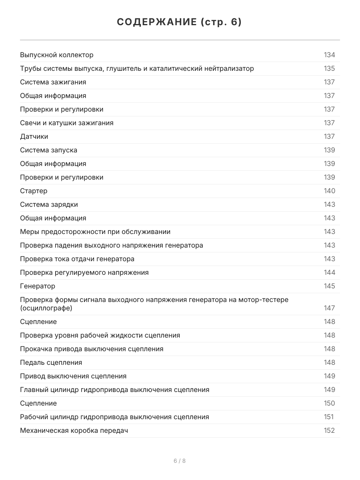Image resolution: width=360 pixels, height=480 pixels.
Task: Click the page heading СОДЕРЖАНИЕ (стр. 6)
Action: [180, 22]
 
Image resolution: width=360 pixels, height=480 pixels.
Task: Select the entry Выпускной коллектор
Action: [57, 55]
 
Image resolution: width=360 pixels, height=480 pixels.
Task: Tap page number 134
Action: [329, 55]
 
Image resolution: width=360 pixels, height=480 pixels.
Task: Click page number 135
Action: [329, 69]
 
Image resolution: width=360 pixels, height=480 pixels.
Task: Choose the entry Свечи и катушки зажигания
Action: [67, 123]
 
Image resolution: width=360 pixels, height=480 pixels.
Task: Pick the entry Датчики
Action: [34, 137]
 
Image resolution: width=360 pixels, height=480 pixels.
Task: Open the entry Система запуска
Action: [49, 150]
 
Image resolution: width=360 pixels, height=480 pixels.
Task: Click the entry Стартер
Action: [34, 191]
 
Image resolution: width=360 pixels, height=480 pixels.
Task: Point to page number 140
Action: [329, 191]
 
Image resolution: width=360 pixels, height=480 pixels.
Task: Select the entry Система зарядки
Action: [49, 205]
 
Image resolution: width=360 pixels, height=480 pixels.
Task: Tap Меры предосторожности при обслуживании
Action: [95, 232]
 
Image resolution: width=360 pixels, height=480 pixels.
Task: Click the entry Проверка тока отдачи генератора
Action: [77, 259]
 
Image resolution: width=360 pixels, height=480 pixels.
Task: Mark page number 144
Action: [329, 273]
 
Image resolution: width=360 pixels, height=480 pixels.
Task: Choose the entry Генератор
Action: [38, 286]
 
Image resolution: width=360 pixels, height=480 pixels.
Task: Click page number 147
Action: [329, 308]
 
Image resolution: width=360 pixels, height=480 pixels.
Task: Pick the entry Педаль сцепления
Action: [51, 363]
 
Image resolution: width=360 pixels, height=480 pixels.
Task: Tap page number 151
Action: [328, 417]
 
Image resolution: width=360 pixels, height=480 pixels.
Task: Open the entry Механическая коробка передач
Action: [74, 431]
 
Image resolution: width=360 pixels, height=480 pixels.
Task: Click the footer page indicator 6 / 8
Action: [180, 461]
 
